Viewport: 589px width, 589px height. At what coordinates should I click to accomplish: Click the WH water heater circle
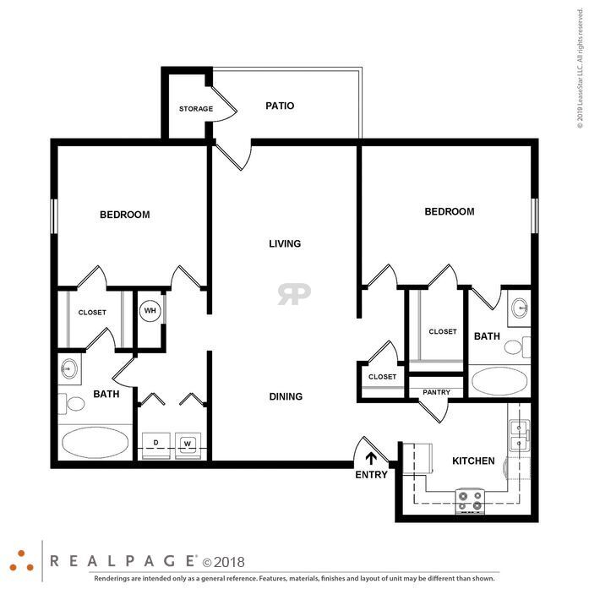150,310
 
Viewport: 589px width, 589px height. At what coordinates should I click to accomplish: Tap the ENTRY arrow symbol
371,459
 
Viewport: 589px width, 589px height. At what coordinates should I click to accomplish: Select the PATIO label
280,106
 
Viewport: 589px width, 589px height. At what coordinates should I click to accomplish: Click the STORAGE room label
196,109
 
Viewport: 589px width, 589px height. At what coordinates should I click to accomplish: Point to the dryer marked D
155,446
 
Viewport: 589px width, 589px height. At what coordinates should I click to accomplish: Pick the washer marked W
188,446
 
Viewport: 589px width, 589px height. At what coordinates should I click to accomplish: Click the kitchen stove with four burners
470,501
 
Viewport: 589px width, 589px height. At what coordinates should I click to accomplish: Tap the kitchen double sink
519,436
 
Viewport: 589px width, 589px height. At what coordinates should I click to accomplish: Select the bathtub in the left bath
95,442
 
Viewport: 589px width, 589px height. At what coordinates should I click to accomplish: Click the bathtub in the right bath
499,380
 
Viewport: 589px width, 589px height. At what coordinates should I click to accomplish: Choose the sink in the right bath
520,308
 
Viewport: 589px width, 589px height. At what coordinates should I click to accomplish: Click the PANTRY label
436,392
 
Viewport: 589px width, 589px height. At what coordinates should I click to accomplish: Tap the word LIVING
285,243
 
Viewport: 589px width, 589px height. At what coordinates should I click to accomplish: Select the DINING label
286,396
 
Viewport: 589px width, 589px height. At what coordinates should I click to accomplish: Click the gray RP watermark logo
294,294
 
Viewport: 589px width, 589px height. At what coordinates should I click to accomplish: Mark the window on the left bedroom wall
54,216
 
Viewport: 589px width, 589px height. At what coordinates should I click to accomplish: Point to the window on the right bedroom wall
535,216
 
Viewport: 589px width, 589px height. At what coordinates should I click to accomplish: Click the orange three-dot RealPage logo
21,561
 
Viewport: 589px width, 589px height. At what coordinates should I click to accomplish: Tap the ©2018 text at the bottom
223,562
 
